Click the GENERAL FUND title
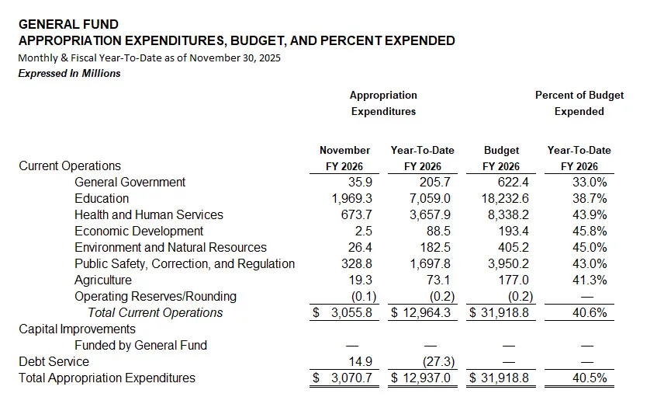pos(68,25)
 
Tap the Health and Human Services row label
pos(148,215)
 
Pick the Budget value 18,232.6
pos(503,199)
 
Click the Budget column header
pos(501,150)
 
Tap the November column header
pos(344,150)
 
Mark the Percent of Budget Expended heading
pos(579,103)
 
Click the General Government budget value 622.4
pos(511,183)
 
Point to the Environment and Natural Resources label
pos(170,248)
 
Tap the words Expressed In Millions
pos(69,73)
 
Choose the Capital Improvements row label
pos(77,329)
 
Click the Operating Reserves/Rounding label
pos(155,297)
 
